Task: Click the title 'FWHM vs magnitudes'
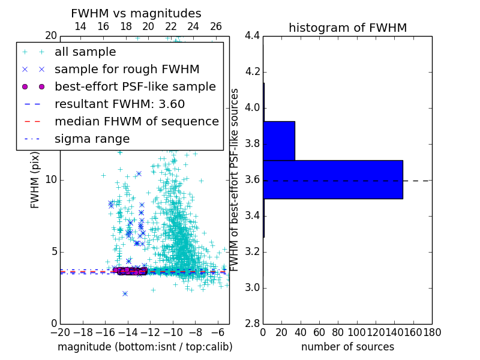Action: coord(136,13)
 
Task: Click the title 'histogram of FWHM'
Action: coord(347,28)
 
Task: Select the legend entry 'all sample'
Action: coord(85,52)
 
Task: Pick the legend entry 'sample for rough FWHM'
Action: coord(127,69)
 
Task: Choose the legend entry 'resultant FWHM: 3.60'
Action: coord(119,104)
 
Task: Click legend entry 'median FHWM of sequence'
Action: coord(136,121)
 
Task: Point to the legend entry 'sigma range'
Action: coord(92,139)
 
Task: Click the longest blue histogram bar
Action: coord(333,179)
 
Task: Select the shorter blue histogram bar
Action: coord(279,141)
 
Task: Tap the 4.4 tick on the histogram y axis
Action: coord(253,36)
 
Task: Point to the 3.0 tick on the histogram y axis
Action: coord(253,288)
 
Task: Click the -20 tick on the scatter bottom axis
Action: coord(60,332)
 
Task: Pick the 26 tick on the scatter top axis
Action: coord(216,26)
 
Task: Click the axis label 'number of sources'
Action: coord(347,347)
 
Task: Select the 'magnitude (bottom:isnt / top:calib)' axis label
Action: coord(145,347)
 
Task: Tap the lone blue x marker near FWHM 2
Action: coord(125,293)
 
